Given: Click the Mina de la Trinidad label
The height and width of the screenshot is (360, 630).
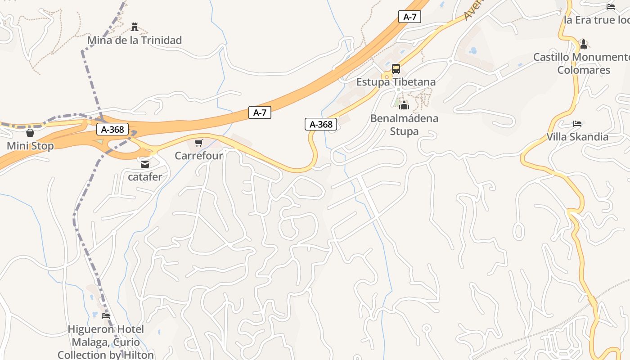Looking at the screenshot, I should point(134,40).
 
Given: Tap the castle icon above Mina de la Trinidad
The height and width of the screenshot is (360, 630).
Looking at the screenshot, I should point(134,27).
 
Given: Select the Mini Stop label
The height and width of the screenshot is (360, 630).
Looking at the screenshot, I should point(30,146).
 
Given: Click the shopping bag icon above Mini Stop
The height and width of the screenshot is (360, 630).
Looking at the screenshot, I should point(30,133).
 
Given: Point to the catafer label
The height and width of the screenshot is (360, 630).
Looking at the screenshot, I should point(144,177).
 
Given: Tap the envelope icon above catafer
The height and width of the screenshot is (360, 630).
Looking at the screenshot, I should point(144,164).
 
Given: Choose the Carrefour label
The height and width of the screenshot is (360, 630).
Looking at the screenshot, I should point(198,156).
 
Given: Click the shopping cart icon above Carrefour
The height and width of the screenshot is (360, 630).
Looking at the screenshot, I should point(198,143).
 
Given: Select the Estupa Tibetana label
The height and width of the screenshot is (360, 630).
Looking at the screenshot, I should point(396,82).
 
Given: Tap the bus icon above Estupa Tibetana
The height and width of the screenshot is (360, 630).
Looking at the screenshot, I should point(396,69).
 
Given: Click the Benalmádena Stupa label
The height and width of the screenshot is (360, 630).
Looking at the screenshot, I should point(404,125).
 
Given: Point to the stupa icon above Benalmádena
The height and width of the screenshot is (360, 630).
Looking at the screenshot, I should point(404,106).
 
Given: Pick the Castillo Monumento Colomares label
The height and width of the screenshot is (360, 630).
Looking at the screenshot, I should point(583,63).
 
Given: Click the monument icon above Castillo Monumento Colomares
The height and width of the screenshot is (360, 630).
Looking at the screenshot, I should point(584,44).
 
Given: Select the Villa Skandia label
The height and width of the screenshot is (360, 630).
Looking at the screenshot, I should point(577,137).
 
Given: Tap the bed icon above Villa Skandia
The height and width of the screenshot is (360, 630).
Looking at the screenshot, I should point(577,124).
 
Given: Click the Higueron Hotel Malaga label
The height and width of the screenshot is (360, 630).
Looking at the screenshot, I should point(106,342).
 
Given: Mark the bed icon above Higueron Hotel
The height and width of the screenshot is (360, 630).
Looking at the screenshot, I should point(106,316).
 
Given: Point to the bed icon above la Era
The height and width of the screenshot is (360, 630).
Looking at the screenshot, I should point(611,7).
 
